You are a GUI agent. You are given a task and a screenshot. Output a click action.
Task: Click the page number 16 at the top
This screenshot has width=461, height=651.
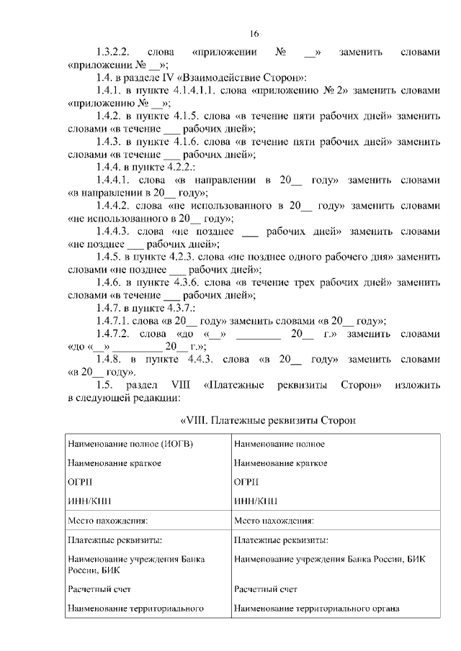pyautogui.click(x=254, y=34)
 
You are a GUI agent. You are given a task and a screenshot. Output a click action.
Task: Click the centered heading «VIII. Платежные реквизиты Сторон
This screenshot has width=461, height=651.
pyautogui.click(x=269, y=420)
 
